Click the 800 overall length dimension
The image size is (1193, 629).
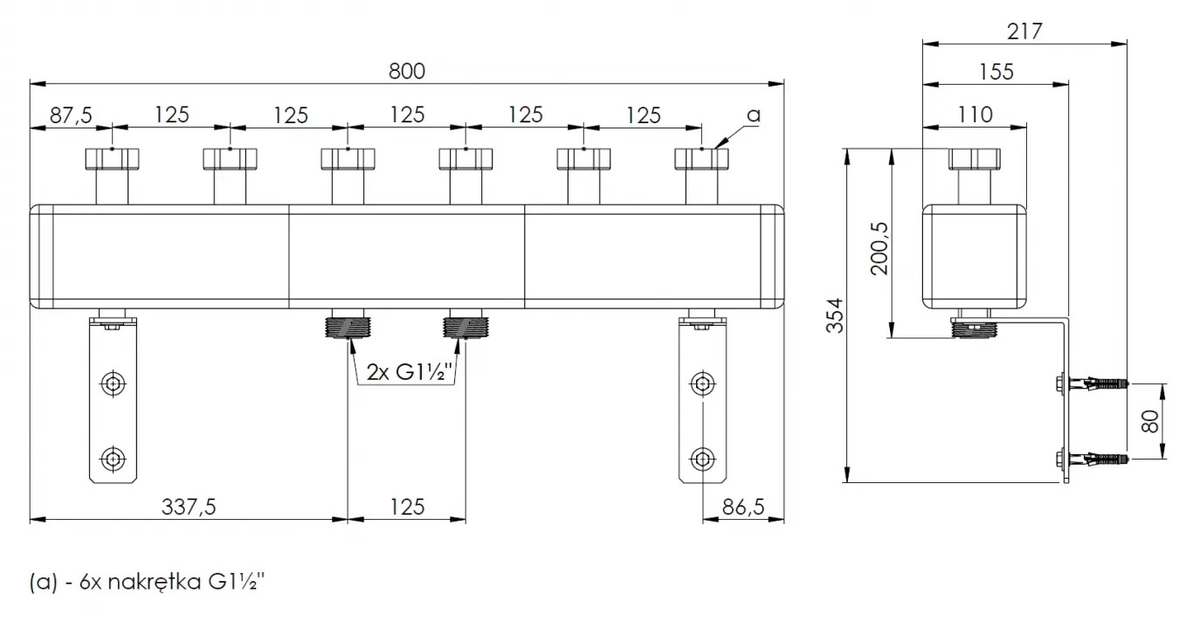click(x=407, y=72)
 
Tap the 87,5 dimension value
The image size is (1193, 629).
click(x=71, y=115)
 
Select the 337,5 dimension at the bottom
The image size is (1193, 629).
click(x=189, y=507)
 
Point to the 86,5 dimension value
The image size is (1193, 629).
click(x=743, y=507)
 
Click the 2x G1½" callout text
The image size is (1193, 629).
click(x=409, y=372)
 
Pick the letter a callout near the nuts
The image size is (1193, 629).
click(x=754, y=115)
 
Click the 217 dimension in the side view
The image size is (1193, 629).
click(x=1024, y=32)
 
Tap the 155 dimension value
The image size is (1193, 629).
click(x=996, y=72)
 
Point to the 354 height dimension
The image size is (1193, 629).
click(x=835, y=315)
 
